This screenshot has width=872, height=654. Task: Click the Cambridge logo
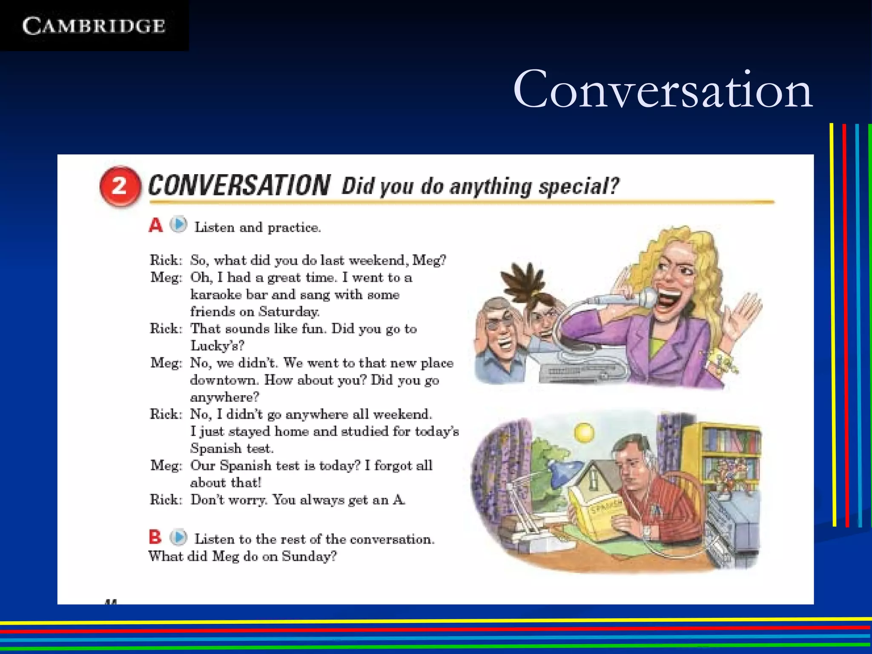[94, 26]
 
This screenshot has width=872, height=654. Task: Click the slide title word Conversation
[663, 90]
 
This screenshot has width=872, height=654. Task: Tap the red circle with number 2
[120, 186]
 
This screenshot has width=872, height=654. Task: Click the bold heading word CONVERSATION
[239, 186]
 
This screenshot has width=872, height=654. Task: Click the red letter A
[155, 225]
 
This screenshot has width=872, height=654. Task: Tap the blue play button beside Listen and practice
[179, 224]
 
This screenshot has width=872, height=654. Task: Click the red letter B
[155, 537]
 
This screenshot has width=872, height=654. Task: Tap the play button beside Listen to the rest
[179, 537]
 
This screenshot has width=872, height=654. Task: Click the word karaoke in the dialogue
[216, 295]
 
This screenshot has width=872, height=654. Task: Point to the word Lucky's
[217, 345]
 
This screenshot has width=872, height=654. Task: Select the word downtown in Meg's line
[224, 380]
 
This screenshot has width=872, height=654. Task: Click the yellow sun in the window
[584, 433]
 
